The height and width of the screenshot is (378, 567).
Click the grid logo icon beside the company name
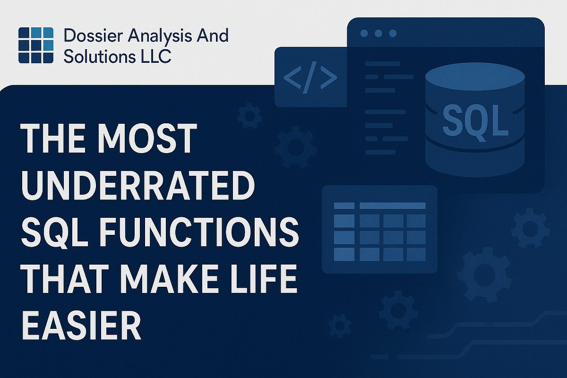[36, 45]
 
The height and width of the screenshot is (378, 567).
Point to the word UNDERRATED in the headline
[138, 185]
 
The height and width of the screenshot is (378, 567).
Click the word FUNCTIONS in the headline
[199, 232]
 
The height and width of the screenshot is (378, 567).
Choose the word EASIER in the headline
[81, 325]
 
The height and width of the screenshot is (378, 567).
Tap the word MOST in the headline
[147, 138]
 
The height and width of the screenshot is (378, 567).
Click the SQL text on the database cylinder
[475, 121]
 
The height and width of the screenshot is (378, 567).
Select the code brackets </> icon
[310, 77]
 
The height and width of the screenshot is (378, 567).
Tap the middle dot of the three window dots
[378, 33]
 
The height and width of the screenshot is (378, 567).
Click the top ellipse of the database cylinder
[475, 77]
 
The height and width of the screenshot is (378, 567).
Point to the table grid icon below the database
[380, 232]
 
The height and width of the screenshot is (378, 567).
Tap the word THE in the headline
[53, 138]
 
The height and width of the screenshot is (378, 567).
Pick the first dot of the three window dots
[364, 33]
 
